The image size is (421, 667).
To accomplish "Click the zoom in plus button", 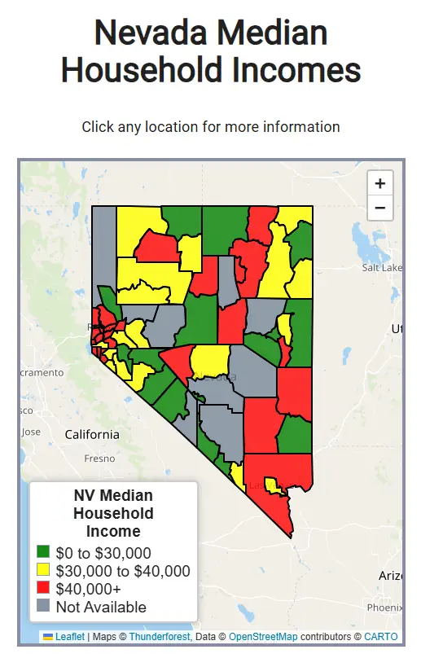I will (x=379, y=183).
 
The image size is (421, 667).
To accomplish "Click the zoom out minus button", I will (x=379, y=208).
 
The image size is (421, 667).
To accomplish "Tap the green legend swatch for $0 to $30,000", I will (x=44, y=553).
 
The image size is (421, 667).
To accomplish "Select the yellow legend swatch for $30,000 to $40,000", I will (x=44, y=571).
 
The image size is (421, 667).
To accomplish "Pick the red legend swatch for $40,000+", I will (x=44, y=589).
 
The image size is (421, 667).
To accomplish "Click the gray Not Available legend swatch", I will (x=44, y=607).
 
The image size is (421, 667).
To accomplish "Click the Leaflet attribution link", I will (x=70, y=636).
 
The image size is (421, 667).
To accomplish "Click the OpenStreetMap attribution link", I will (x=263, y=636).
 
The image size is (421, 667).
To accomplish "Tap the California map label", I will (x=92, y=434).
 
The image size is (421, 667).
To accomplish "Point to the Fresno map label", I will (x=99, y=459).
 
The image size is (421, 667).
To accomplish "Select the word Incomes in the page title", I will (x=299, y=70).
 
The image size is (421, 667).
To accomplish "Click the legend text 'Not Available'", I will (x=101, y=607).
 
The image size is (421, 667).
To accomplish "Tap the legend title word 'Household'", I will (x=113, y=513).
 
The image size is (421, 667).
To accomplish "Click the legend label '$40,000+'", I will (x=89, y=589).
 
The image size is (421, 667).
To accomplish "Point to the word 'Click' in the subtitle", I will (x=99, y=127).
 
